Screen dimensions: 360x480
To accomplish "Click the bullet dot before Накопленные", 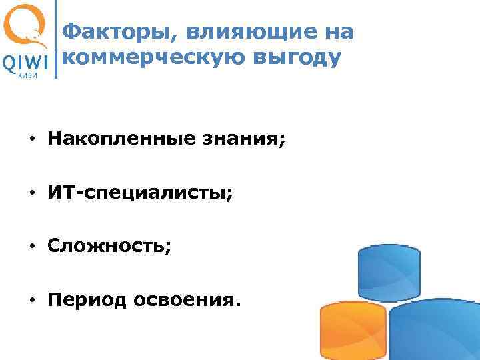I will point(31,141).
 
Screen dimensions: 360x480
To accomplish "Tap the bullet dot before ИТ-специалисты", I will point(31,194).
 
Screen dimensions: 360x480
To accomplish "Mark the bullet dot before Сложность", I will point(31,247).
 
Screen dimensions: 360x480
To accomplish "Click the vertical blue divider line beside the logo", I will point(55,40).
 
